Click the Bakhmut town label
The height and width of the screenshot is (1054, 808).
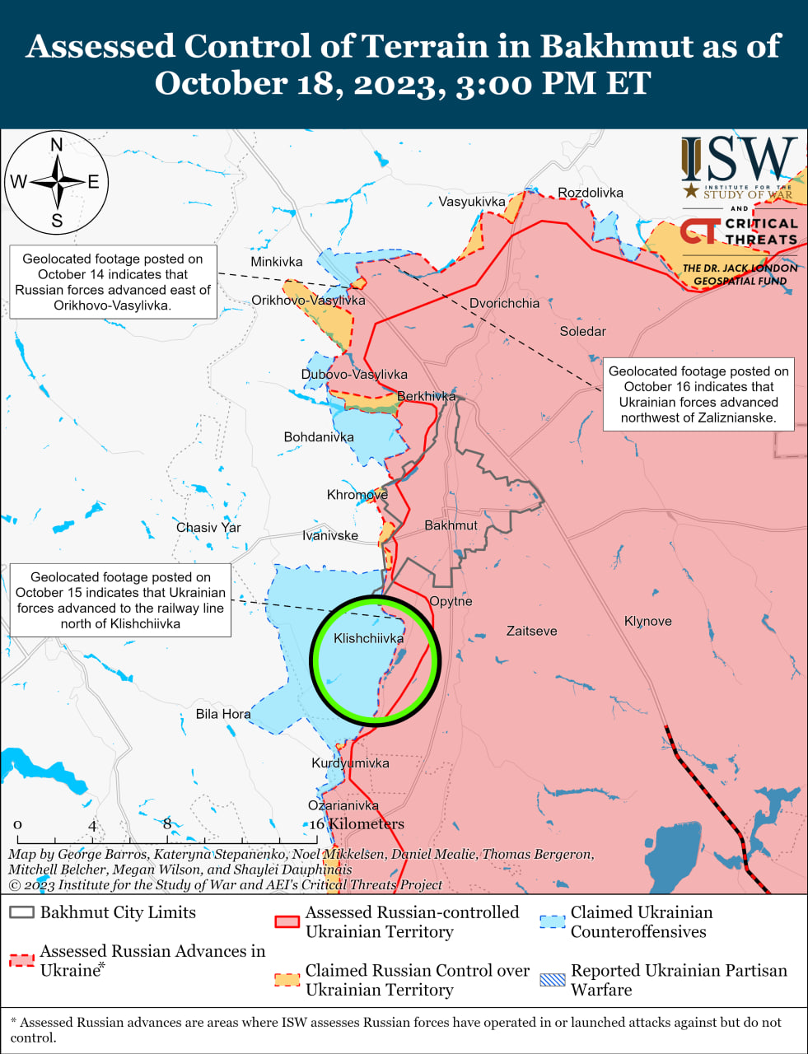point(451,525)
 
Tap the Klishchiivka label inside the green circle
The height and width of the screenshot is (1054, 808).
point(368,638)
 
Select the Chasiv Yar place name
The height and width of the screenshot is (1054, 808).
point(208,527)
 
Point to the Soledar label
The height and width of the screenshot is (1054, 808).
point(582,331)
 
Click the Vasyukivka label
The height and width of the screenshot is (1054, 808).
point(471,202)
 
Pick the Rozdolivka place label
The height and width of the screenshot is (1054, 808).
point(591,193)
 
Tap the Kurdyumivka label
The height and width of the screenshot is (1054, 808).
point(350,763)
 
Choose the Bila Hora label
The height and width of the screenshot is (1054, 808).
point(223,714)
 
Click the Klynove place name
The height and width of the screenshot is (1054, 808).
point(647,621)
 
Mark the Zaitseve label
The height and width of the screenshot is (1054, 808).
point(531,631)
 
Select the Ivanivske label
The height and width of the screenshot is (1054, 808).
point(330,535)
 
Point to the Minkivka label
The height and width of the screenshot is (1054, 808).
point(277,262)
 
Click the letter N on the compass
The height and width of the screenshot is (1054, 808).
point(57,146)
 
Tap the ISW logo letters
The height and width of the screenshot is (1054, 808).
point(739,160)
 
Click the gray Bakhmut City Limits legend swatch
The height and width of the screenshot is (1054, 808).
point(22,913)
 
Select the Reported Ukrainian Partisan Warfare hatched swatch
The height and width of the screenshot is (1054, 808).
point(553,980)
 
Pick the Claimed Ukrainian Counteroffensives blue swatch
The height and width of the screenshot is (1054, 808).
point(553,921)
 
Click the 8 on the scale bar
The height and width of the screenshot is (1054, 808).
point(167,824)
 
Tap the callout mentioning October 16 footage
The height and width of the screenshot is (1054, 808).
point(698,394)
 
